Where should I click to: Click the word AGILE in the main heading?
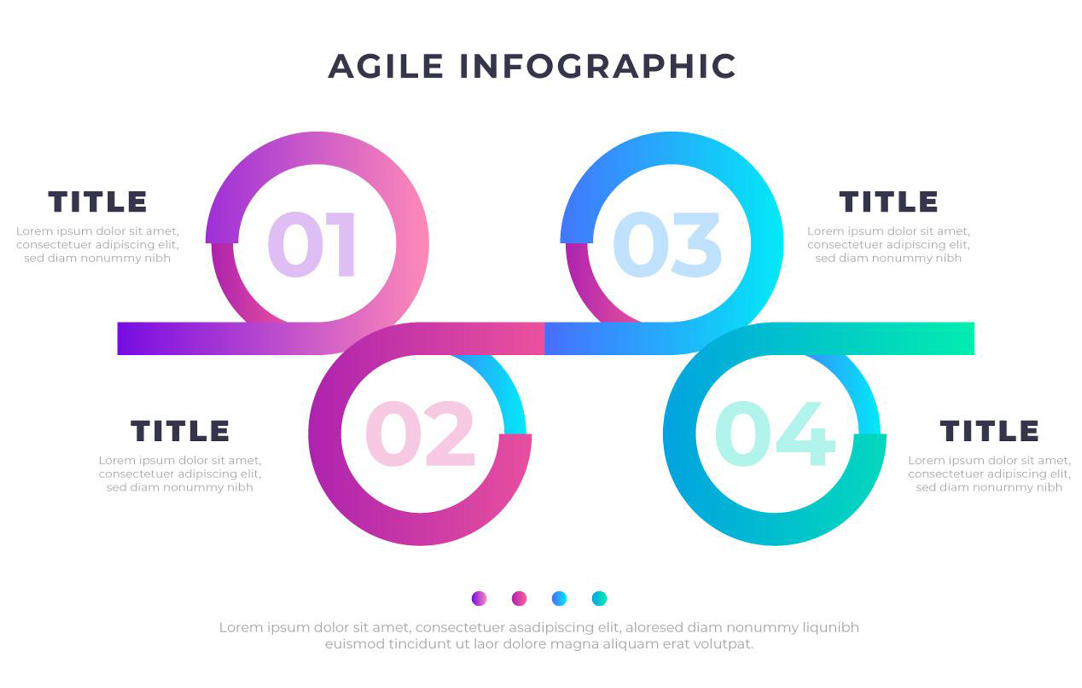pyautogui.click(x=386, y=66)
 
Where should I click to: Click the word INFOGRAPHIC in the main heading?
pyautogui.click(x=598, y=66)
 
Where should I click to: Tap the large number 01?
pyautogui.click(x=312, y=244)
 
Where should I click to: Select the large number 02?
pyautogui.click(x=420, y=433)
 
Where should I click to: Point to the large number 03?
pyautogui.click(x=667, y=244)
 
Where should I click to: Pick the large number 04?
pyautogui.click(x=775, y=433)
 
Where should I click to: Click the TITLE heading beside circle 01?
pyautogui.click(x=97, y=202)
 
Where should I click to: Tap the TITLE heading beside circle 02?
pyautogui.click(x=180, y=431)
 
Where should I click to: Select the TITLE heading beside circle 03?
pyautogui.click(x=888, y=202)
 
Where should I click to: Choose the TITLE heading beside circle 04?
pyautogui.click(x=989, y=431)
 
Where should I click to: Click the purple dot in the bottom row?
pyautogui.click(x=479, y=598)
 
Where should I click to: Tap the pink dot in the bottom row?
pyautogui.click(x=519, y=598)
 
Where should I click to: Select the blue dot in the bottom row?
pyautogui.click(x=559, y=598)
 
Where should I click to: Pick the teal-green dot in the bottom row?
pyautogui.click(x=599, y=598)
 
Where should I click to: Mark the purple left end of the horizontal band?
pyautogui.click(x=119, y=339)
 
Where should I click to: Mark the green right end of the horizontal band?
pyautogui.click(x=973, y=339)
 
